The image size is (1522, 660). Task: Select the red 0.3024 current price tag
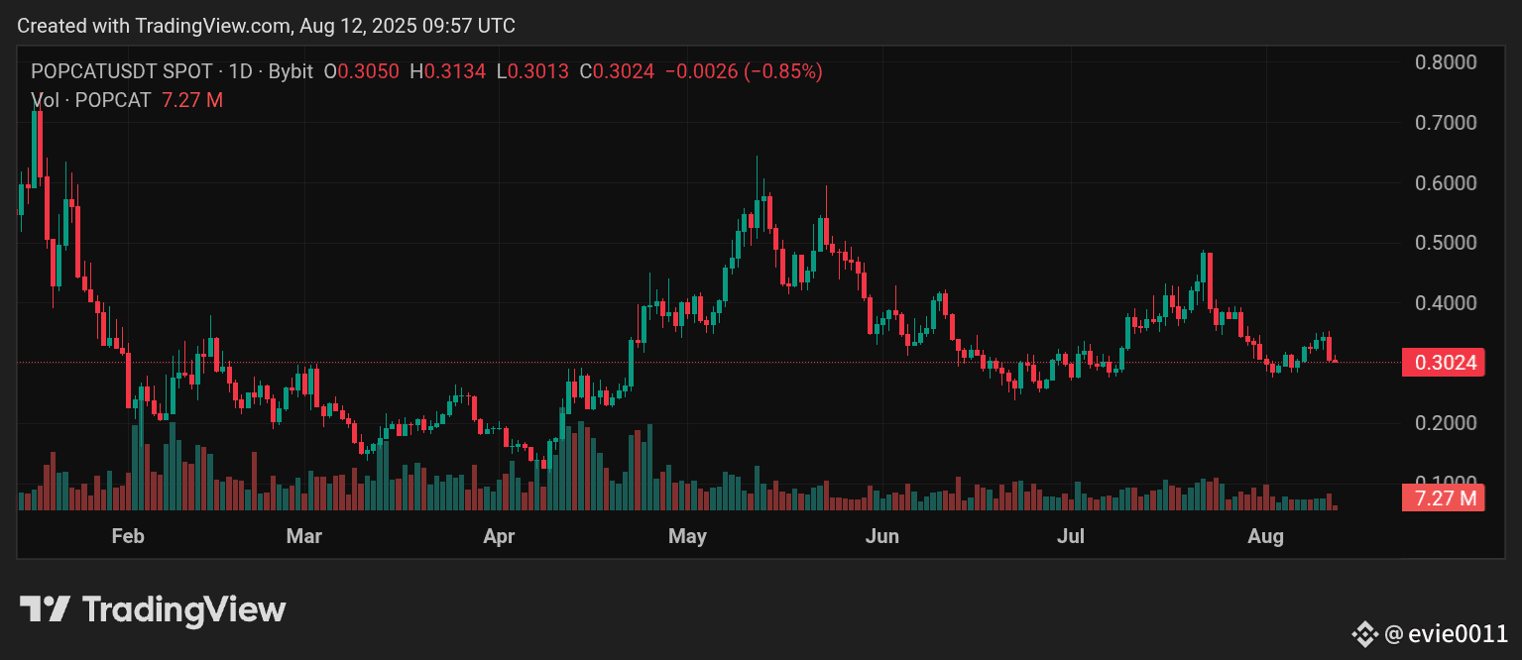1443,363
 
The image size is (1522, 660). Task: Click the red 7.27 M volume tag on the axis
1443,497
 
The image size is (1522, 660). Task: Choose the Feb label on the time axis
128,537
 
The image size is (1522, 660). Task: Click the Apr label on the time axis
499,537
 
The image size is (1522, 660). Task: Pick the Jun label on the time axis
881,537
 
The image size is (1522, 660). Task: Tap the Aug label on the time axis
1265,537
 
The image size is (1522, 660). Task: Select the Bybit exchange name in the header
291,71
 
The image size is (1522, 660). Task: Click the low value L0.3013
533,71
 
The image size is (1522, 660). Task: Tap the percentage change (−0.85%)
778,71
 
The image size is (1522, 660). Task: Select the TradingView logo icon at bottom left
45,608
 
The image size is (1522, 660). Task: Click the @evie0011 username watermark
1446,633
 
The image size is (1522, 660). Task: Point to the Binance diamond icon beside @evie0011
1365,633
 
